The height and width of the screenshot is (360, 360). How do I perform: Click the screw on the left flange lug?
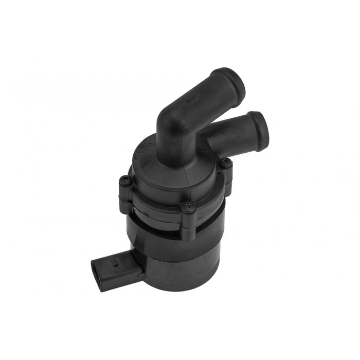[124, 180]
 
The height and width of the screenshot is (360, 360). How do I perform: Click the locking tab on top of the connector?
[115, 261]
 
